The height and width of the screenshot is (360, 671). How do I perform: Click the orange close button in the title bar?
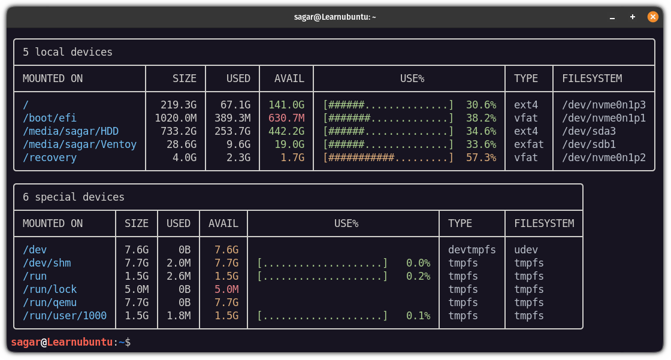coord(653,17)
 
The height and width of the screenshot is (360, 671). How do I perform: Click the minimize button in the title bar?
coord(612,17)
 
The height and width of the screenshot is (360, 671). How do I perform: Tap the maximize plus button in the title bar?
coord(633,17)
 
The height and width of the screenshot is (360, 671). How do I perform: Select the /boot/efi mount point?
coord(50,118)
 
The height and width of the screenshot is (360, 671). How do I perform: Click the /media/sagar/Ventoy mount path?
coord(80,144)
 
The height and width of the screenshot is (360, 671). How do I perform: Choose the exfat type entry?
coord(529,144)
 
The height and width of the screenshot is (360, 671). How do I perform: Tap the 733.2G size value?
coord(179,131)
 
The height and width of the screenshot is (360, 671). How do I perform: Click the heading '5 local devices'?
coord(68,52)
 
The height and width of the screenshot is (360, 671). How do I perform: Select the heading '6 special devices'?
coord(74,197)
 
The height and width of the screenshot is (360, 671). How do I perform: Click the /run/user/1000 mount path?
coord(65,316)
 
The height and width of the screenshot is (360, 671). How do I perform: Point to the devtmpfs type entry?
coord(472,250)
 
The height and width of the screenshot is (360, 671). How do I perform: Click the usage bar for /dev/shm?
coord(322,263)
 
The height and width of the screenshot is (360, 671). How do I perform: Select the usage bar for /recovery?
coord(388,158)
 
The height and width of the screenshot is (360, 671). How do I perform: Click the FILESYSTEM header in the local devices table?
coord(592,78)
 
